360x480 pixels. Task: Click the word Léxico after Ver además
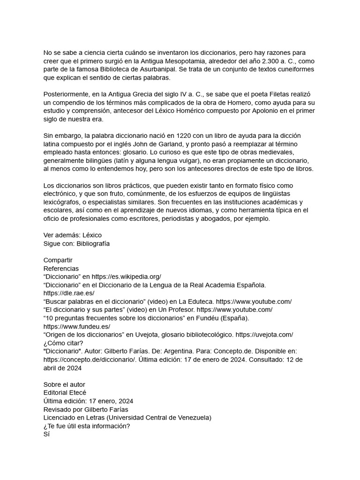[x=92, y=235]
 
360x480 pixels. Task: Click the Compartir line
[x=58, y=260]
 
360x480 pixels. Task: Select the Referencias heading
[x=61, y=269]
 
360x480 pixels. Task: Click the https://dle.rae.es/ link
[x=69, y=293]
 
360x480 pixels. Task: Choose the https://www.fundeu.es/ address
[x=77, y=326]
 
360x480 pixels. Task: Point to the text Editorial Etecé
[x=65, y=392]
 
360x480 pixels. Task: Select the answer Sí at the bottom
[x=46, y=434]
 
